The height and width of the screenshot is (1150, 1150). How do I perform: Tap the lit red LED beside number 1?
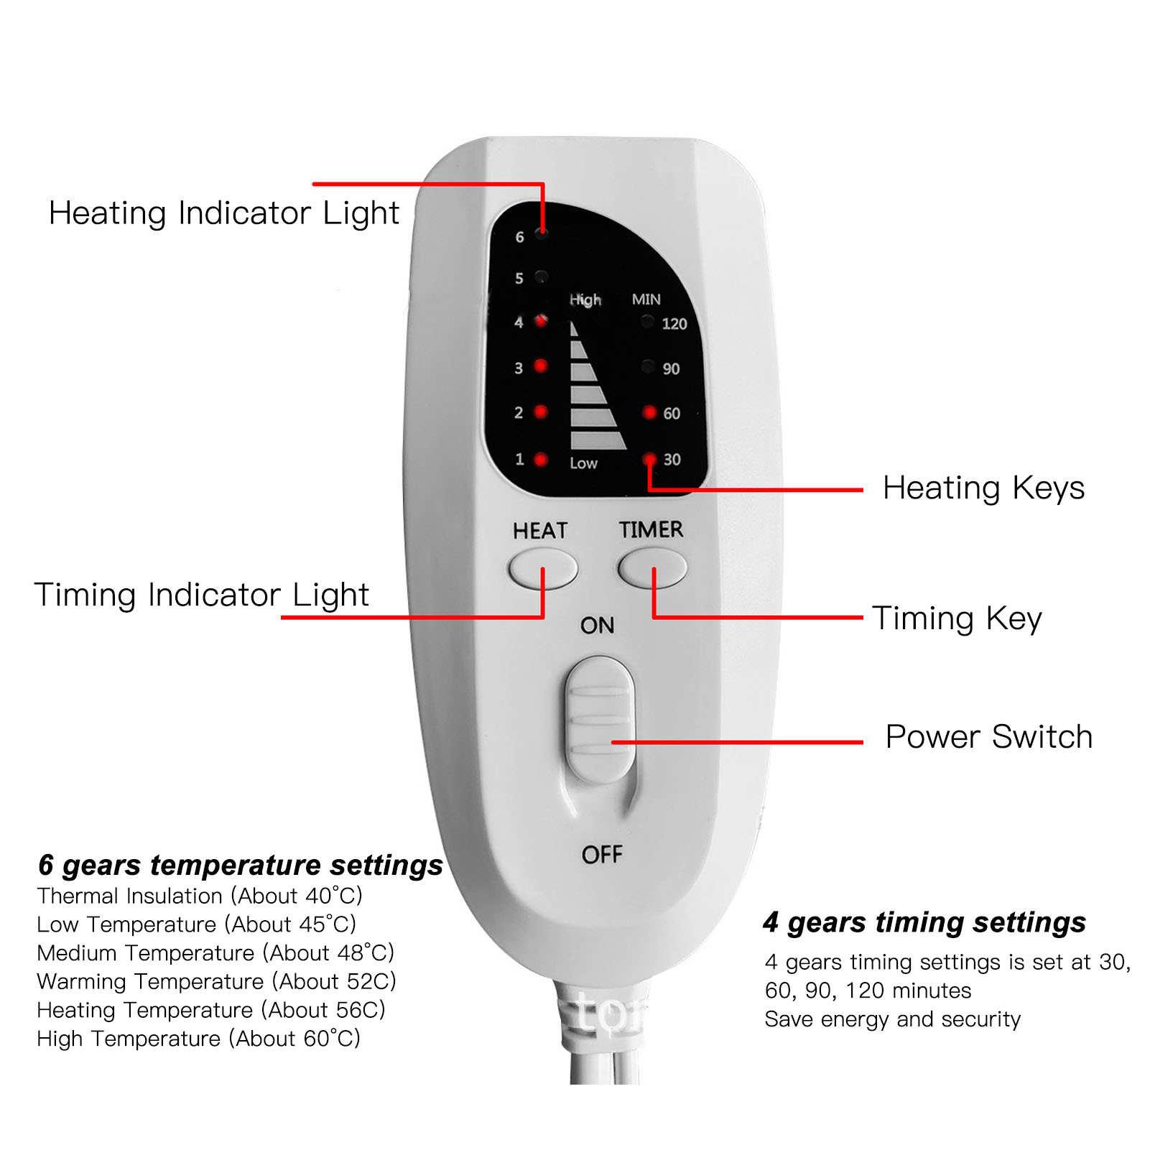[x=541, y=459]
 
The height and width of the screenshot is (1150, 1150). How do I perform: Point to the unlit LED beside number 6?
[x=542, y=233]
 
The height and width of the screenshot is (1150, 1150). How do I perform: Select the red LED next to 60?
[x=649, y=412]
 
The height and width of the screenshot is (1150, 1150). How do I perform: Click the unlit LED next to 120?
[x=647, y=322]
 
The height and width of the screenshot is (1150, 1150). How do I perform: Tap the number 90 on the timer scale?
[x=671, y=368]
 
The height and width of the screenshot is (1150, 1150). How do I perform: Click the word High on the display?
[x=585, y=300]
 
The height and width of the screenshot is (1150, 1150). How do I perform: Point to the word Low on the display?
[x=583, y=463]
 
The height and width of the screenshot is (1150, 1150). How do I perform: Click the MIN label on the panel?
[x=646, y=299]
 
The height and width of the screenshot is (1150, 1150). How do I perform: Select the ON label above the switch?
[x=597, y=625]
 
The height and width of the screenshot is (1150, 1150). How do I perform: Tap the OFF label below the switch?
[x=602, y=854]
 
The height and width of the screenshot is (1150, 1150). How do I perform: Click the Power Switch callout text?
[x=988, y=737]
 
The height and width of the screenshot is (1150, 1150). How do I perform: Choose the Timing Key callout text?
[x=957, y=618]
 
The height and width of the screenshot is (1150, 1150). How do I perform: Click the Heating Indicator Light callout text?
[x=223, y=213]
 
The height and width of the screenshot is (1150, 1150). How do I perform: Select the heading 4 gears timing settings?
[x=924, y=922]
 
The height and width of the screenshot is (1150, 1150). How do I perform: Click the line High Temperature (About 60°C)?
[x=198, y=1039]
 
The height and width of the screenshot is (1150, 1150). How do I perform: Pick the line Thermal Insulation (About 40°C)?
[x=200, y=896]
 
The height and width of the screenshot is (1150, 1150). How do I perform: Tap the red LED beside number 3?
[x=541, y=366]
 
